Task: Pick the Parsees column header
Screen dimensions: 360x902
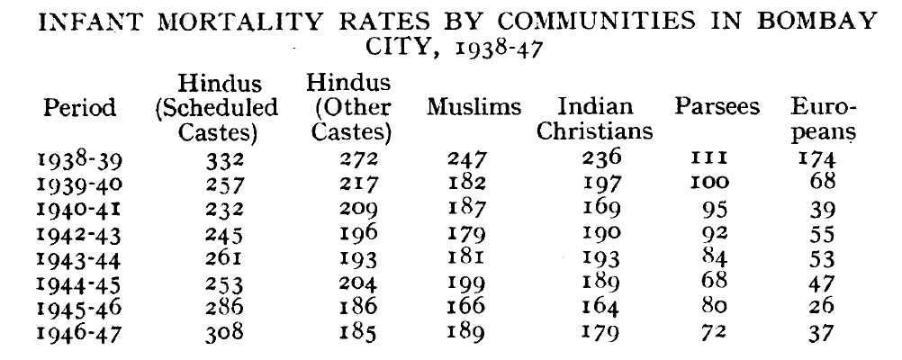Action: pos(717,109)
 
